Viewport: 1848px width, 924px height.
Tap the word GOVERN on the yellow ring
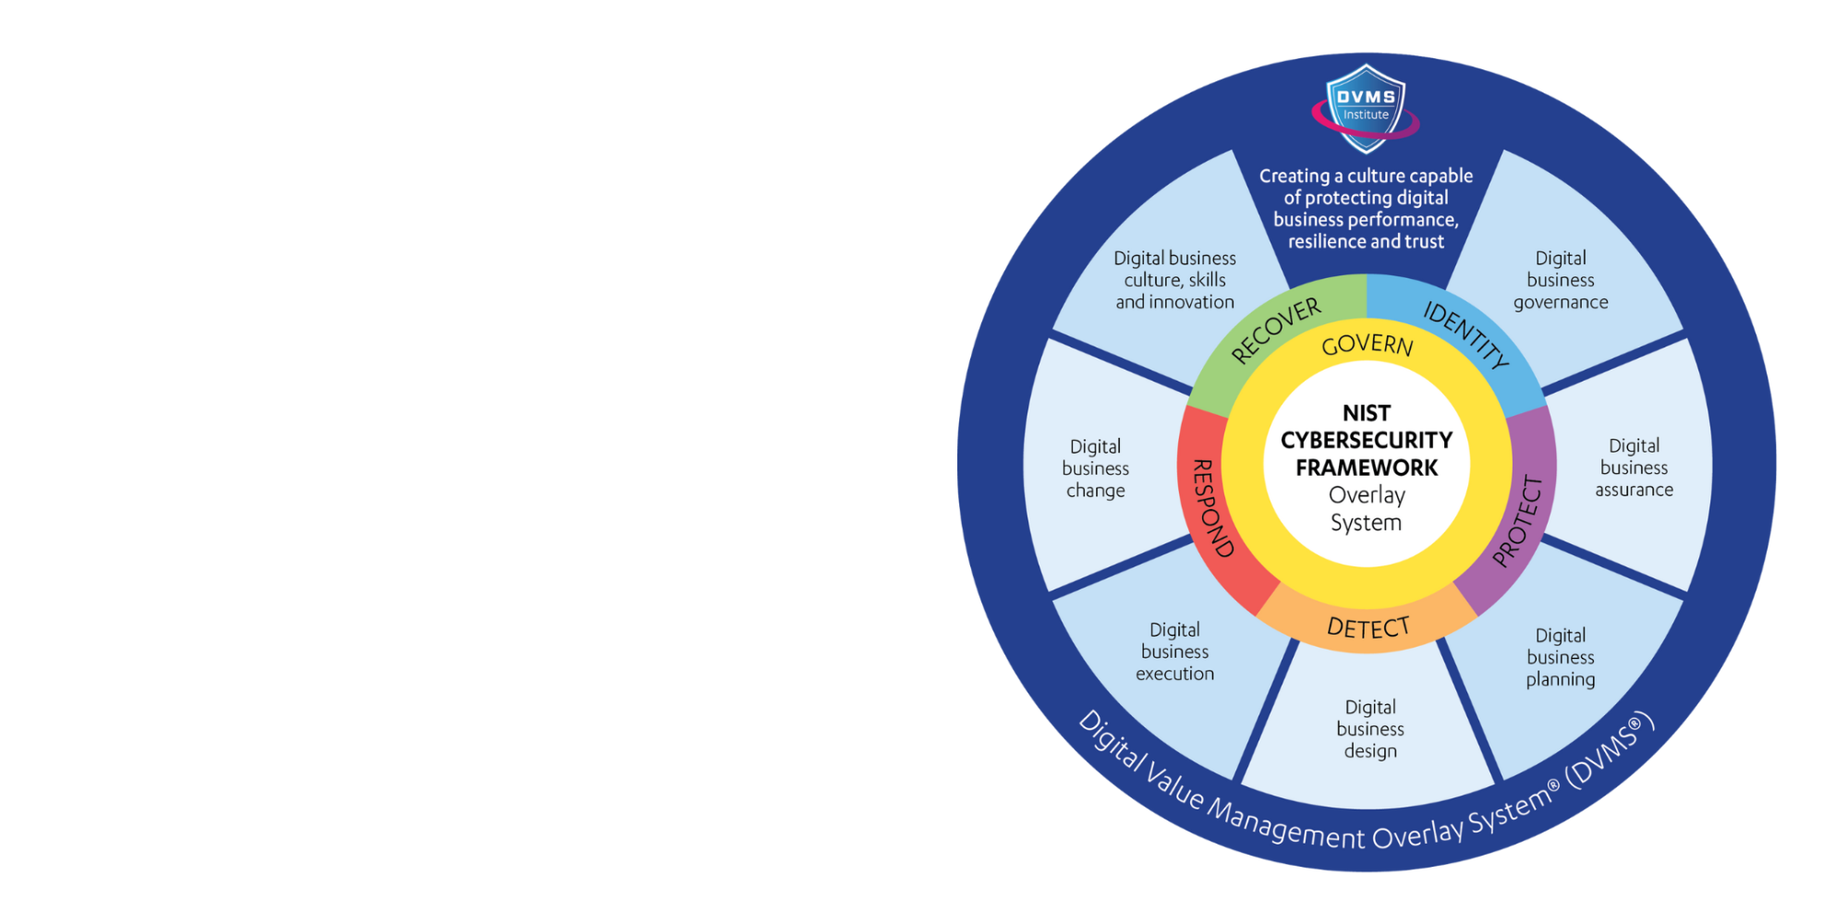(x=1367, y=345)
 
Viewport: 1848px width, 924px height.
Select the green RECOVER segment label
(x=1276, y=330)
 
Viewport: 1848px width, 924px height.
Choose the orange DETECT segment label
(x=1368, y=627)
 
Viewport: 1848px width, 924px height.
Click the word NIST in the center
(x=1367, y=413)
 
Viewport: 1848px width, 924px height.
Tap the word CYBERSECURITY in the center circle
(x=1367, y=440)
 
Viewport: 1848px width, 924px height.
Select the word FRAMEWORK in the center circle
(x=1367, y=468)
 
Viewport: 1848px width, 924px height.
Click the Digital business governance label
(x=1561, y=280)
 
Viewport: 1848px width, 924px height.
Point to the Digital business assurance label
(x=1634, y=468)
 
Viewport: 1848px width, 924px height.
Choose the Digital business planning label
(x=1561, y=657)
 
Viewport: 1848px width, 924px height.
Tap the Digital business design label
(x=1370, y=729)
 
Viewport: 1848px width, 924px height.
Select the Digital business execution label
(x=1174, y=651)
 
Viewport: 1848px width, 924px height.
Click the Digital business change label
(x=1096, y=468)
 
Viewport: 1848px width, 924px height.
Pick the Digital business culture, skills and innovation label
(x=1174, y=280)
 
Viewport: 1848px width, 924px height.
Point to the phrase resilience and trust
(x=1366, y=242)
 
